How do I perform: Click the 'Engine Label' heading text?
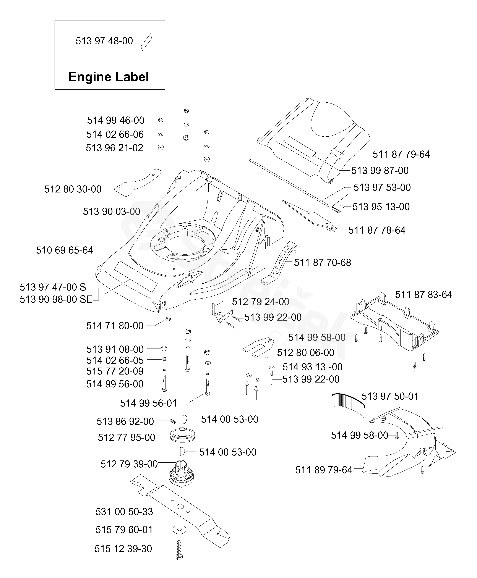coord(109,77)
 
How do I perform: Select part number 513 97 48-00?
coord(104,41)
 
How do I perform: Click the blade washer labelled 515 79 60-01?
coord(179,529)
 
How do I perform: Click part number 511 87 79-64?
coord(401,154)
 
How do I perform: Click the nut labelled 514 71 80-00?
coord(168,318)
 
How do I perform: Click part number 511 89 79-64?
coord(324,470)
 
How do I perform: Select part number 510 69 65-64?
coord(65,250)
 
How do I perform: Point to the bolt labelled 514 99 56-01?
coord(208,387)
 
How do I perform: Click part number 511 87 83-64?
coord(423,295)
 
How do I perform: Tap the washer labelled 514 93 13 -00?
coord(272,367)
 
